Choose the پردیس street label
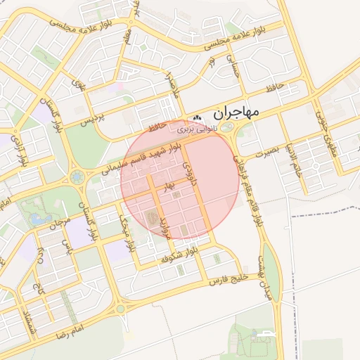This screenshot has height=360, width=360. [x=94, y=120]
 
